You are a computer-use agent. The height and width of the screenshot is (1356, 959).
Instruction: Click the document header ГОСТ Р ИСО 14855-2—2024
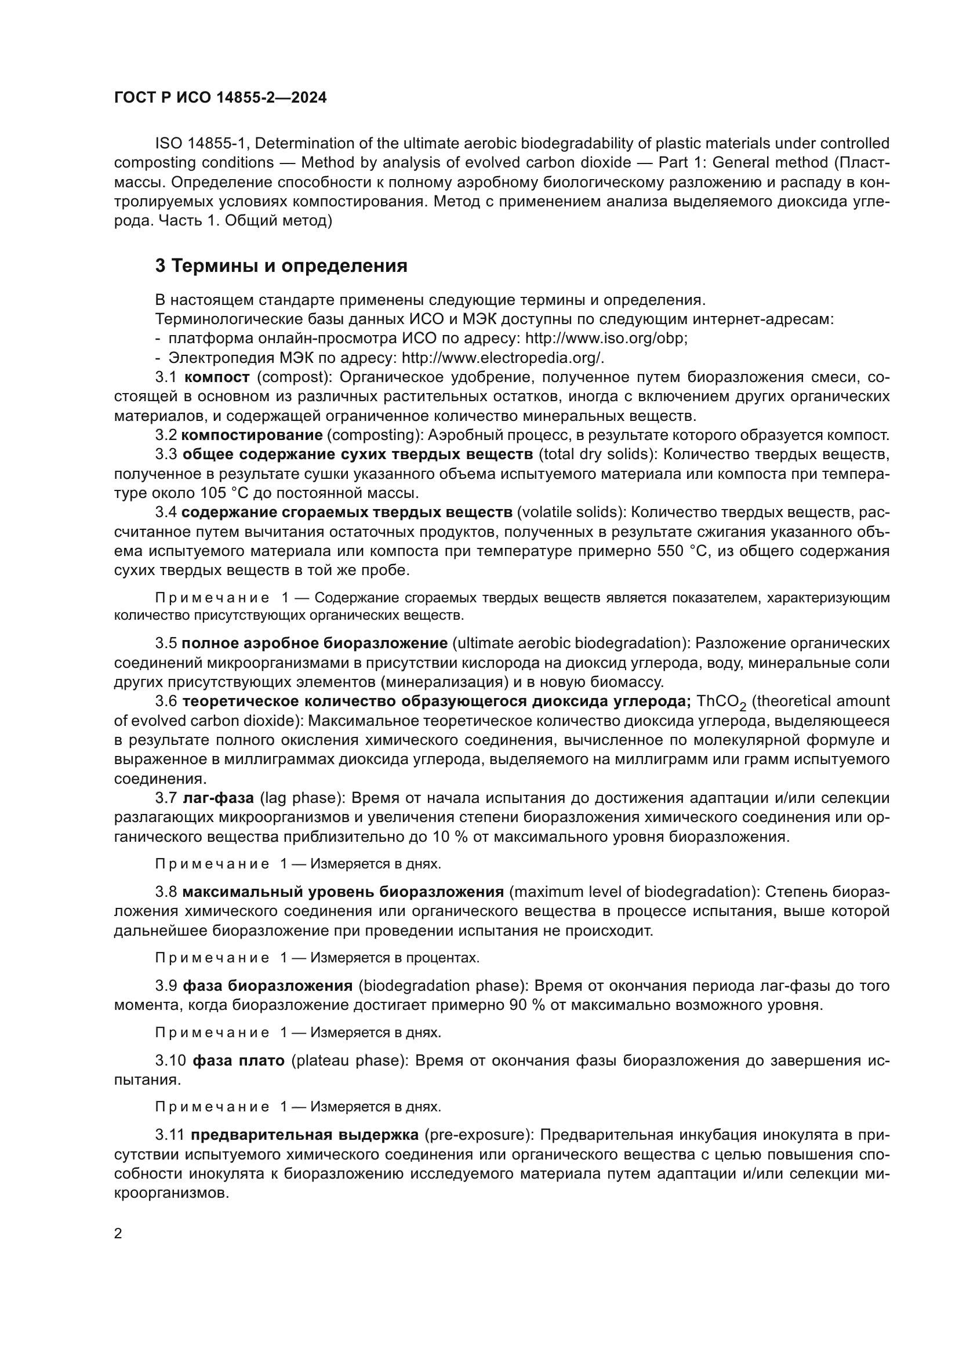point(220,98)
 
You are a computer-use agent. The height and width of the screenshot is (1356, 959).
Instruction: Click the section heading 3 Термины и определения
point(281,266)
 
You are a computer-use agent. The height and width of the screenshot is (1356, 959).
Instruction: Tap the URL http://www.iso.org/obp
point(606,339)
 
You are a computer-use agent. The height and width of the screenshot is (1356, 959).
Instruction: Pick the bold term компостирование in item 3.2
point(252,436)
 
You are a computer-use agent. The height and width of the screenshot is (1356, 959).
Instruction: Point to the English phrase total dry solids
point(593,455)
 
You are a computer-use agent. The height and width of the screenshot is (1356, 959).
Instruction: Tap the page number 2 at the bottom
point(118,1234)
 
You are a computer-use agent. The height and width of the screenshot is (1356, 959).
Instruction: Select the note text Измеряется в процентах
point(394,957)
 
